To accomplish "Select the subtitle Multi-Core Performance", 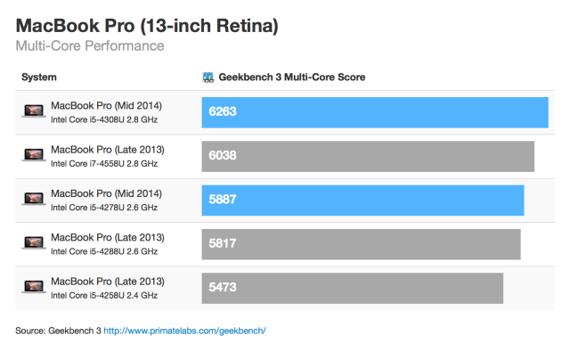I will point(89,45).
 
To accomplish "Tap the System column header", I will point(39,78).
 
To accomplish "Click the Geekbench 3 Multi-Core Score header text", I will point(292,78).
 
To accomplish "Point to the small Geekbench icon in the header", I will point(208,78).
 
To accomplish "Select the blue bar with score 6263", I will point(375,112).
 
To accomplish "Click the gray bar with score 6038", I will point(368,155).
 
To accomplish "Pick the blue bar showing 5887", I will point(362,199).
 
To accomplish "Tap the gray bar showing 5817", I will point(361,242).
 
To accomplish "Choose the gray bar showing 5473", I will point(353,286).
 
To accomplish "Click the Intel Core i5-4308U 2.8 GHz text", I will point(104,119).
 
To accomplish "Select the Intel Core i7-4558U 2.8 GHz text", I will point(104,163).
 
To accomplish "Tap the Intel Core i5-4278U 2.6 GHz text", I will point(104,207).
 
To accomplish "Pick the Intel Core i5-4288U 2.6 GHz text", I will point(104,250).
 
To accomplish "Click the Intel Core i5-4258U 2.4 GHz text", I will point(104,294).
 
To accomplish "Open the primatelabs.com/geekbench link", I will point(185,331).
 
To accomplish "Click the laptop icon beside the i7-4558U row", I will point(34,155).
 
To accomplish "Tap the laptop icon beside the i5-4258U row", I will point(34,286).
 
